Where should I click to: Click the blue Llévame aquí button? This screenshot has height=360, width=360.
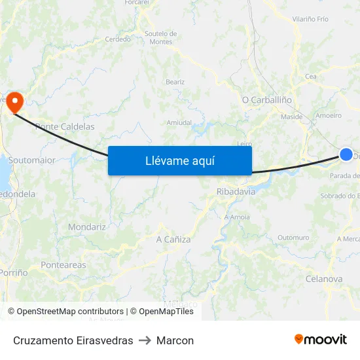[x=179, y=160]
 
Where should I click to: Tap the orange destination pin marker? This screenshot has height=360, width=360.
[x=14, y=102]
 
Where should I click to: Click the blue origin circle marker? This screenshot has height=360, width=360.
[x=346, y=154]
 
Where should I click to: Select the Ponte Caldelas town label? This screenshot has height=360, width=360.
[x=65, y=126]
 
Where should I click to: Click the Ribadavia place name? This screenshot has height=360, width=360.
[x=236, y=192]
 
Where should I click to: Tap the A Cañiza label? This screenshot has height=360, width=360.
[x=173, y=240]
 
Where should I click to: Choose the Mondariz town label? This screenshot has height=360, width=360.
[x=86, y=227]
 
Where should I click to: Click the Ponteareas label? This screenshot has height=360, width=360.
[x=63, y=265]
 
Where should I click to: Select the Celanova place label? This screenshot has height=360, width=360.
[x=323, y=279]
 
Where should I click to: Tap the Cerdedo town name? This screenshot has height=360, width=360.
[x=118, y=39]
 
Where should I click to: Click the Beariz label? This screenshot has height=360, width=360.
[x=175, y=82]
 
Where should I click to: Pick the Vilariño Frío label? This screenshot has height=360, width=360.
[x=310, y=20]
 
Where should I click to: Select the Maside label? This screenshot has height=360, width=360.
[x=291, y=117]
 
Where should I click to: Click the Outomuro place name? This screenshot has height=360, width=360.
[x=293, y=237]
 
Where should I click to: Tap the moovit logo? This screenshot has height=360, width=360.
[x=321, y=340]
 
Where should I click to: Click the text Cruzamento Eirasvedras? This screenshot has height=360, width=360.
[x=73, y=340]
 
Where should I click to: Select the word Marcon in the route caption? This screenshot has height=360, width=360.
[x=175, y=340]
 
